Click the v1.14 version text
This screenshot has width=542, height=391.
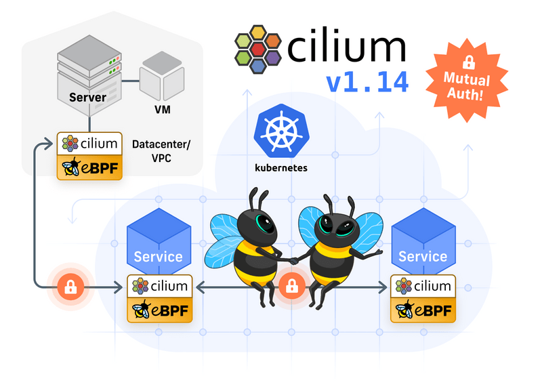(x=367, y=82)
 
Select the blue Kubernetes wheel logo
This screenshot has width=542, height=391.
(x=277, y=132)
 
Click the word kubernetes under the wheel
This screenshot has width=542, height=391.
(x=277, y=167)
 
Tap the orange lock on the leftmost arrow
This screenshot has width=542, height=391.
(x=69, y=287)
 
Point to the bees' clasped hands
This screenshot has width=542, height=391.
(x=293, y=260)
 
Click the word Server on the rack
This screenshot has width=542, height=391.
(x=87, y=98)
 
